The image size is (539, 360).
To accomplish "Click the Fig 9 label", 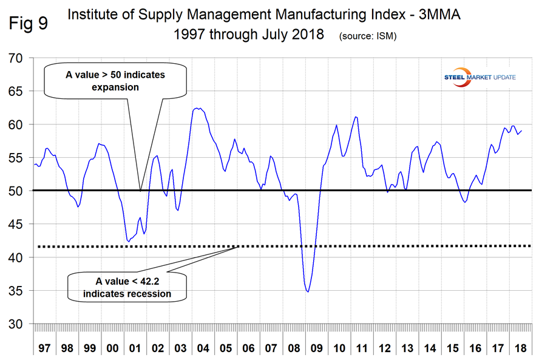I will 29,24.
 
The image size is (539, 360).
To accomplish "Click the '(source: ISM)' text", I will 368,36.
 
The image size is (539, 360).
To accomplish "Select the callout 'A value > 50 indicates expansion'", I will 115,81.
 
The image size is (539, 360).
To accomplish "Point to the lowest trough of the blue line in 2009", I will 308,292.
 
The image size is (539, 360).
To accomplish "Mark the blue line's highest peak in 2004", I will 196,108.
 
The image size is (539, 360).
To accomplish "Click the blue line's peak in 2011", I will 356,117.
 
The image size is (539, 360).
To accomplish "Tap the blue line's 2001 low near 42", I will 129,242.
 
